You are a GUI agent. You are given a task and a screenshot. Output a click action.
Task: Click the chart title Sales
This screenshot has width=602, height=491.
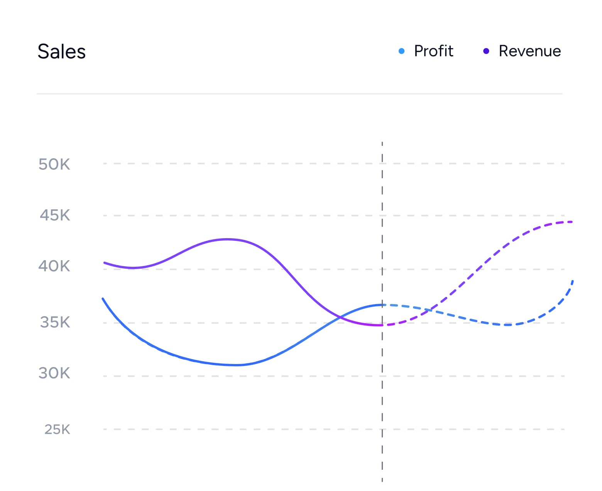point(61,51)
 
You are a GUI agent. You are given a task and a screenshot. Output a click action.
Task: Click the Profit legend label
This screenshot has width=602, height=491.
point(433,51)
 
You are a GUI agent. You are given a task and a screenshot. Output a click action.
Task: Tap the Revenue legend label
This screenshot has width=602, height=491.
point(529,51)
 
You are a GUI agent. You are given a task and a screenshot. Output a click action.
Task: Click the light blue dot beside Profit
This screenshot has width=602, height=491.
point(401,51)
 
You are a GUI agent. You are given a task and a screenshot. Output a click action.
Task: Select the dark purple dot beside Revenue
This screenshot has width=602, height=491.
point(486,51)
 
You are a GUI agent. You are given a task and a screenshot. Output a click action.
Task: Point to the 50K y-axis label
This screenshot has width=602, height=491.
point(54,164)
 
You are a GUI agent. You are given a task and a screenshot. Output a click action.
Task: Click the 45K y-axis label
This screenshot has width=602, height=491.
point(55,215)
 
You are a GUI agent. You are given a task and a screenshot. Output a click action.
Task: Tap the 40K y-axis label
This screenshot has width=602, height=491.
point(54,266)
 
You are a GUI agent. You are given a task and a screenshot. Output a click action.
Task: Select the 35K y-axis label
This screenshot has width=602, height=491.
point(55,322)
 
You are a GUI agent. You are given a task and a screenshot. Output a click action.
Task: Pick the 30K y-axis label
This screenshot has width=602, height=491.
point(54,373)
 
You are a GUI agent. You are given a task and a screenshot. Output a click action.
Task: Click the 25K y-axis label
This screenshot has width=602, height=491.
point(57,429)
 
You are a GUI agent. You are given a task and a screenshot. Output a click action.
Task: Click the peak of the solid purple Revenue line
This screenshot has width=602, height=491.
point(228,239)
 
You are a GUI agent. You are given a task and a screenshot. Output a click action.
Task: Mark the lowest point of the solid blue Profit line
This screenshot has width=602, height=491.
point(235,365)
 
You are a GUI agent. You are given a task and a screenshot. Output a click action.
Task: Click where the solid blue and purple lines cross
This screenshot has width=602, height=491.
point(340,318)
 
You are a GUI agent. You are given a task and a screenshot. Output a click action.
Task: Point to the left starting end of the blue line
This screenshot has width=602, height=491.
point(103,298)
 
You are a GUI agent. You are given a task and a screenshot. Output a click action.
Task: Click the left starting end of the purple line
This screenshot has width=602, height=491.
point(105,262)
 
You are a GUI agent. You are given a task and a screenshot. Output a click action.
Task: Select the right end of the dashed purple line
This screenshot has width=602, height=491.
point(572,222)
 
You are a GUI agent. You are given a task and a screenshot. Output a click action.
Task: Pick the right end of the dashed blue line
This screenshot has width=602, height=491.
point(573,281)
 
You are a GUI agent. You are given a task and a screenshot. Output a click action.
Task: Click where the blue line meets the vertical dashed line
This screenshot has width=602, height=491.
point(382,305)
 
